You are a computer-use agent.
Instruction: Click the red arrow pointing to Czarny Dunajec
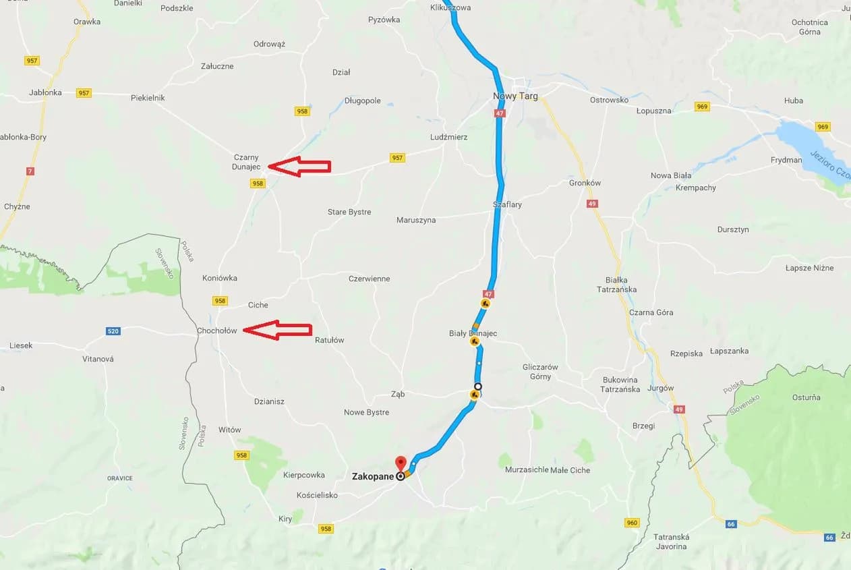click(x=299, y=166)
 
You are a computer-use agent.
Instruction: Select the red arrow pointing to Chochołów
click(x=277, y=330)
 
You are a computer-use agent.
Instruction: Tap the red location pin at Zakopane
click(x=401, y=464)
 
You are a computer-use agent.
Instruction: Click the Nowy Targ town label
click(x=515, y=96)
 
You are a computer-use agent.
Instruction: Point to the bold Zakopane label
click(x=373, y=476)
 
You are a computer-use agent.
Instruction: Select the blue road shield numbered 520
click(x=113, y=331)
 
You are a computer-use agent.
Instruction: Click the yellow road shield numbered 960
click(x=632, y=522)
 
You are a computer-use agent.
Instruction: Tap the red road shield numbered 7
click(x=30, y=171)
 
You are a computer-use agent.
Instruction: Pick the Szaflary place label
click(x=507, y=204)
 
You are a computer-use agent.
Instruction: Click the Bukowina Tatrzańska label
click(x=621, y=384)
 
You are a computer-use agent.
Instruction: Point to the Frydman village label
click(x=786, y=160)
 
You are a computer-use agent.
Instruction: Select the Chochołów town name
click(x=216, y=331)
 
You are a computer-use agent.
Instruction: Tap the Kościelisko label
click(x=317, y=495)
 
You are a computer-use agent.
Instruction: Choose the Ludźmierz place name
click(x=448, y=137)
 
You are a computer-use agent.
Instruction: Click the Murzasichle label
click(x=527, y=469)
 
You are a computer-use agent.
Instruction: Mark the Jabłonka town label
click(x=46, y=92)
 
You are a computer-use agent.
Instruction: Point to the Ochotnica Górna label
click(x=809, y=27)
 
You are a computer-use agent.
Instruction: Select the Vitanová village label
click(x=98, y=359)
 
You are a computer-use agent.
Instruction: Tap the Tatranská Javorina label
click(x=671, y=542)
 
